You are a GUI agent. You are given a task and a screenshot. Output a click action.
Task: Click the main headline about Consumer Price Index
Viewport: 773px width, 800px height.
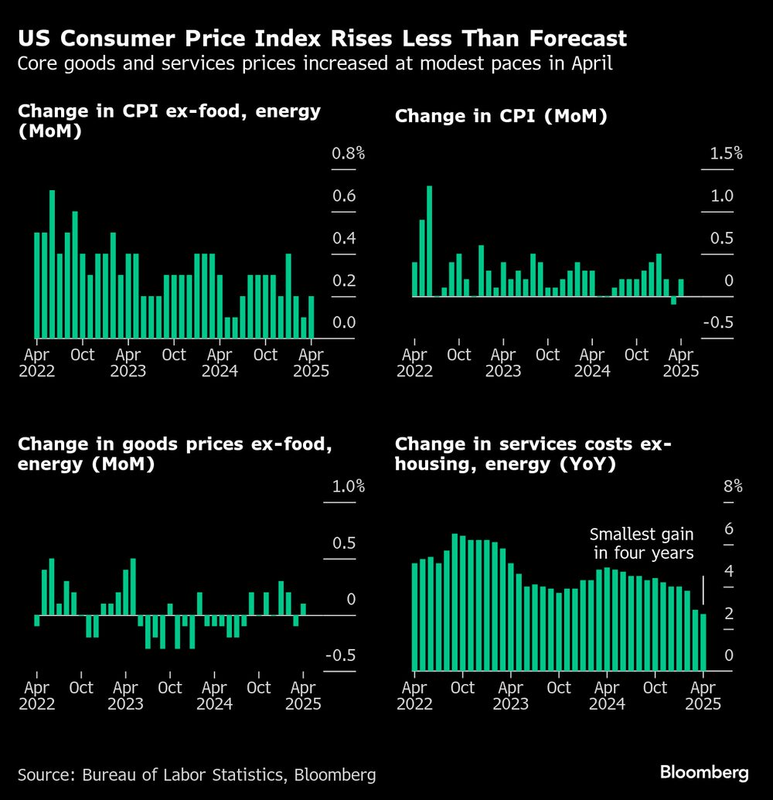click(322, 39)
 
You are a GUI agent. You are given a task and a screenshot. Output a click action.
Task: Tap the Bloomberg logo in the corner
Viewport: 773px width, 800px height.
click(704, 772)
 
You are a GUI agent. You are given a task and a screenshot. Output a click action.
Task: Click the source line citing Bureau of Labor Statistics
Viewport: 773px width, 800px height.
click(197, 774)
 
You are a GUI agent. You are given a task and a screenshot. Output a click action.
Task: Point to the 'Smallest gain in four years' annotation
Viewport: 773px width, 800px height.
click(642, 543)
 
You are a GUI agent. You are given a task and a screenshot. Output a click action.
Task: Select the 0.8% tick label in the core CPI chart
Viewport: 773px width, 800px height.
click(348, 154)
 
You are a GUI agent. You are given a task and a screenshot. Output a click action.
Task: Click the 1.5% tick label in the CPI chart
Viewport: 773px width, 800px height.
click(726, 153)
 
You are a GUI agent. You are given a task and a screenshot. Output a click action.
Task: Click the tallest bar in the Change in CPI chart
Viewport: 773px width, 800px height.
click(430, 240)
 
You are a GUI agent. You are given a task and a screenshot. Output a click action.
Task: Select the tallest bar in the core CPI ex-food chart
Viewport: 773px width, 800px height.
click(53, 264)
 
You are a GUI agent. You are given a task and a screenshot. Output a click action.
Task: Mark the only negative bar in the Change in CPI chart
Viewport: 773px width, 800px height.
click(674, 301)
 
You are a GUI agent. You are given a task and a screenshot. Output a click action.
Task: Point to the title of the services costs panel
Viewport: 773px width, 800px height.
click(533, 454)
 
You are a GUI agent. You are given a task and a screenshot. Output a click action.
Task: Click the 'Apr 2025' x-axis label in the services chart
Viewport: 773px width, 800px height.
click(703, 696)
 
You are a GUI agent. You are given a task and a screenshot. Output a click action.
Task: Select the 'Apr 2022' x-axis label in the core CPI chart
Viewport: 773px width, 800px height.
click(36, 363)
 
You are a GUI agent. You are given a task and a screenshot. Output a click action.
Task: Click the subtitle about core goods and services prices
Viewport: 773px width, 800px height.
click(315, 64)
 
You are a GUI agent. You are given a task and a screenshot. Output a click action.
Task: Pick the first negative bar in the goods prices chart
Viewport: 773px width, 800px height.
click(36, 621)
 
